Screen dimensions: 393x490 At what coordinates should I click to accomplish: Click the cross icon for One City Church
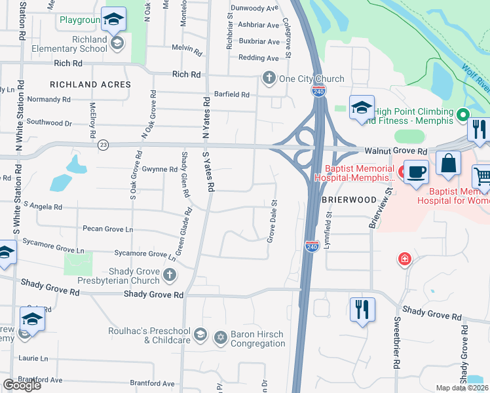269,79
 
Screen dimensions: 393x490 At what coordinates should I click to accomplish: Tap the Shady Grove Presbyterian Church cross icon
170,274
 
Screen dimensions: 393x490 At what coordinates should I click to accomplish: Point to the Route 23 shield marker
103,145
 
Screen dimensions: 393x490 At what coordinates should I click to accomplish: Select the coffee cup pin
416,172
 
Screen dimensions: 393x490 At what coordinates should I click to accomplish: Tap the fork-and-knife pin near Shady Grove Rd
362,308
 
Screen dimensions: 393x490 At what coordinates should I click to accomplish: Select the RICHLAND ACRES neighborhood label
90,84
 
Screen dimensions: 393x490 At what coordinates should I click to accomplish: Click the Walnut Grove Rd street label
396,151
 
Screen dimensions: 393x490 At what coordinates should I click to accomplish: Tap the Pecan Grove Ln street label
107,229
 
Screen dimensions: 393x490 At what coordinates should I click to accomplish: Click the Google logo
22,384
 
